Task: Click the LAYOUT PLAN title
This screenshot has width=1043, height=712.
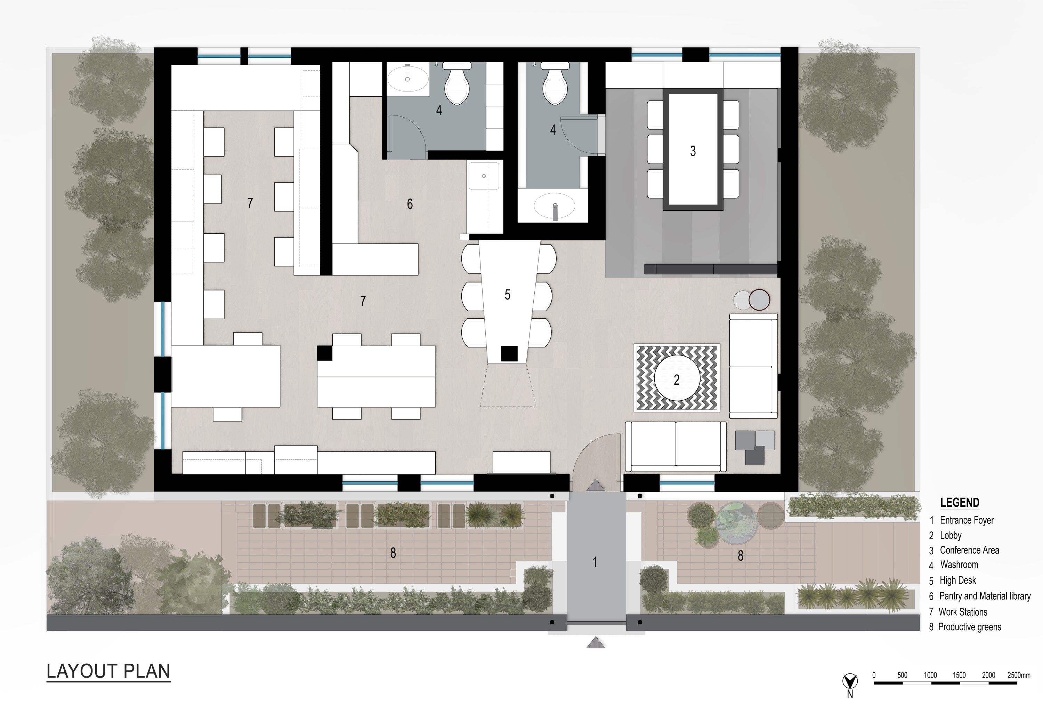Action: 108,671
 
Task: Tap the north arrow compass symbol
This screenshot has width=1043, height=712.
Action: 850,682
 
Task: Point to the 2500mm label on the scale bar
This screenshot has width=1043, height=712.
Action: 1018,675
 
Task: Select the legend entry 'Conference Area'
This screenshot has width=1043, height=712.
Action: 969,550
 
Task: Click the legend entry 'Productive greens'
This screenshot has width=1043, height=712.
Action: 969,627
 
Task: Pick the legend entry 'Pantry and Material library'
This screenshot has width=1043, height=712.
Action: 985,596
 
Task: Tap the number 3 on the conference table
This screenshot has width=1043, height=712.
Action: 693,151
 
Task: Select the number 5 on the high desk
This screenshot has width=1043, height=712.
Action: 507,295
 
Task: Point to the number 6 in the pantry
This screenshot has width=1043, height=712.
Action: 409,204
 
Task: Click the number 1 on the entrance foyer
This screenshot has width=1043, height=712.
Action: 595,562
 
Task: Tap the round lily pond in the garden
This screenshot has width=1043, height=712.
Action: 737,523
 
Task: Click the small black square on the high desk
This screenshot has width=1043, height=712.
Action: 509,353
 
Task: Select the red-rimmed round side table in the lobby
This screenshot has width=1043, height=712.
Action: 759,300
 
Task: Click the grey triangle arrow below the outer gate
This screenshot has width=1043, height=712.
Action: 596,643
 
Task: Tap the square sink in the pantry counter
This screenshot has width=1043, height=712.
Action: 483,176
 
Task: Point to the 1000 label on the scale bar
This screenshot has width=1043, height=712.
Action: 930,675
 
